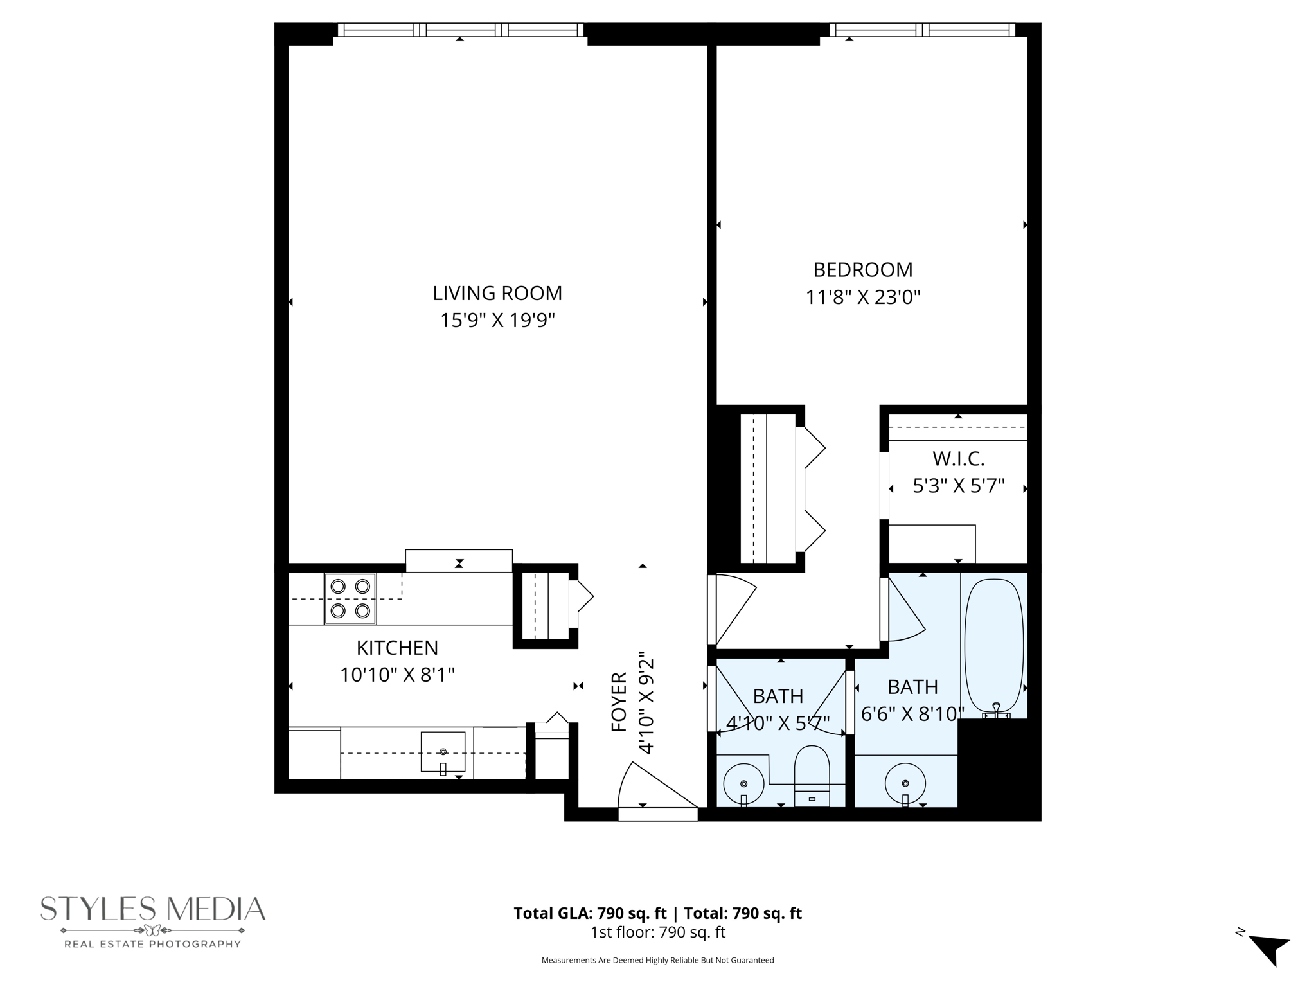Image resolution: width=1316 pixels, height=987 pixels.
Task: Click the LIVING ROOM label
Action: pos(497,293)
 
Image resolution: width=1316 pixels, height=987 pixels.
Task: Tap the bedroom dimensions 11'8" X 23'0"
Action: pos(863,298)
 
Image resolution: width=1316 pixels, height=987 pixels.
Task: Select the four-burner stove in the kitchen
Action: pos(350,598)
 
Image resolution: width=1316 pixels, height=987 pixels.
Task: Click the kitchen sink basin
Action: pos(443,751)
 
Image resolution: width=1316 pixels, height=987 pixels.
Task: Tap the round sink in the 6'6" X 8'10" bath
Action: pos(905,783)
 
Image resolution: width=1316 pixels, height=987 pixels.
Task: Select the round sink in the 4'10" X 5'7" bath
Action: pos(743,783)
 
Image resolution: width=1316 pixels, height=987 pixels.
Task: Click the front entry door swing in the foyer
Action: pos(652,788)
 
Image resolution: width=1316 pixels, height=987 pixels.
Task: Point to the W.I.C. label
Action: pos(958,459)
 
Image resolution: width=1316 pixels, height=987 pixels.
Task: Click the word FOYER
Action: pos(619,702)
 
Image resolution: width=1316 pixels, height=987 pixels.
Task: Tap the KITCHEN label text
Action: pos(397,647)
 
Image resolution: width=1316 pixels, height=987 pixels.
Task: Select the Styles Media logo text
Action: pos(153,909)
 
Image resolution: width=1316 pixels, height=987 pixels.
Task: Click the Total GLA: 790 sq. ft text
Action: pos(589,913)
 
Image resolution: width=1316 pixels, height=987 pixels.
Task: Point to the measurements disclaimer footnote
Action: pos(657,960)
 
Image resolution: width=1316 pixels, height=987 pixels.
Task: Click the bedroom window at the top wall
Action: pos(922,30)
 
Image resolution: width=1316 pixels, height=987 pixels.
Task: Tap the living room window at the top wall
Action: pos(460,30)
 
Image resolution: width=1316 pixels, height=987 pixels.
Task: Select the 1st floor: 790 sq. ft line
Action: pos(657,932)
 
